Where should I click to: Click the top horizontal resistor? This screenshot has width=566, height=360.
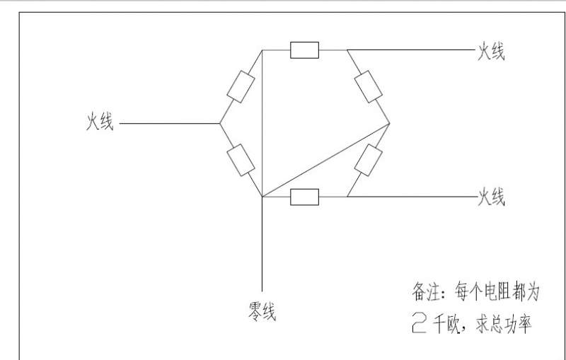coord(305,50)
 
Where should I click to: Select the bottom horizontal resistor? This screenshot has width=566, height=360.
coord(305,197)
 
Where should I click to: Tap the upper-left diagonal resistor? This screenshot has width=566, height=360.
coord(241,87)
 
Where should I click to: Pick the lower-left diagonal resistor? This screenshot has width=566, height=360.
coord(241,160)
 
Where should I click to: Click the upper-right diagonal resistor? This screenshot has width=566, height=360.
coord(368,86)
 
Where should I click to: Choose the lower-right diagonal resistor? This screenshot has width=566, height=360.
coord(368,160)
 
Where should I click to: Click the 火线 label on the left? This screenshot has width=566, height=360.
coord(100,122)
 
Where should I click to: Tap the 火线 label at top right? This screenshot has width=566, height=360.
coord(491,51)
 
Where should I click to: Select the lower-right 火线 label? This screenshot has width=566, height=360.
coord(491,197)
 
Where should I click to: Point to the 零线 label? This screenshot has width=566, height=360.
coord(262,311)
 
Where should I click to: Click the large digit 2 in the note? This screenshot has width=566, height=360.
coord(419,323)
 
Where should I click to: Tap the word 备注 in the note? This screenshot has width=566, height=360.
coord(426,291)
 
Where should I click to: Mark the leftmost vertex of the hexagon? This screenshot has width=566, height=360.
coord(220,123)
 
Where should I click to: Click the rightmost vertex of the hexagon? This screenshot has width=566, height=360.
coord(390,124)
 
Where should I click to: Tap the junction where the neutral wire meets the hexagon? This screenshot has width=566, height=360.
coord(262,197)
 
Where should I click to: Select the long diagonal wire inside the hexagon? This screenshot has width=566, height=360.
coord(325,161)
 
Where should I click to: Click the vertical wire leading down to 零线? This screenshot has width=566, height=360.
coord(262,244)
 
